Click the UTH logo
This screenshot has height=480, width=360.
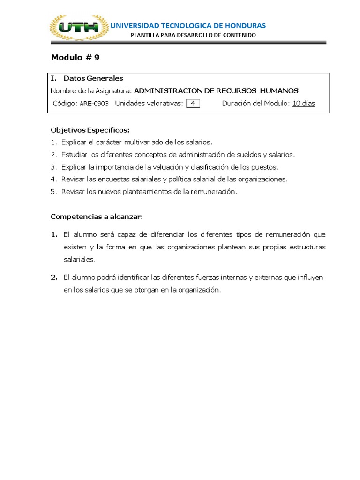[78, 28]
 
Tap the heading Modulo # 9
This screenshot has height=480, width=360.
[75, 58]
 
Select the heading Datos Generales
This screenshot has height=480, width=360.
[93, 78]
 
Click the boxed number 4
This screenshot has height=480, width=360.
[193, 104]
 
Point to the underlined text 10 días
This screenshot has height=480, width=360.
[304, 104]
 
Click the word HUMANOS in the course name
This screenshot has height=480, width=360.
[279, 91]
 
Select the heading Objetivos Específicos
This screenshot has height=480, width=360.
[90, 130]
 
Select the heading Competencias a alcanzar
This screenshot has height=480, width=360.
[96, 217]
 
